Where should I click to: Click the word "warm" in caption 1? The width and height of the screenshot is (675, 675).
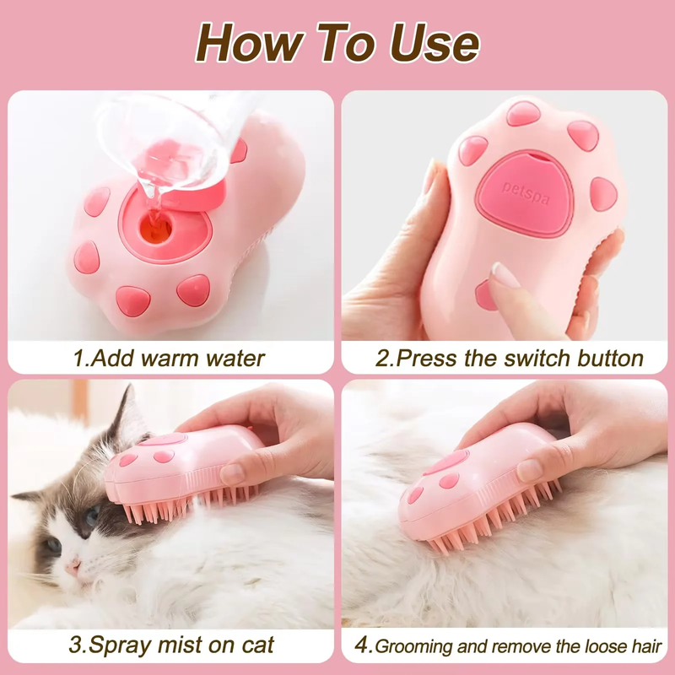coord(173,358)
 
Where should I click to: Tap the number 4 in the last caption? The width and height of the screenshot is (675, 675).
coord(362,646)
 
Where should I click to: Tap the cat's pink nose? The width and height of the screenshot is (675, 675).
coord(73,564)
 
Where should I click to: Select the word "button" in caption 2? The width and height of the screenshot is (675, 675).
coord(610,358)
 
